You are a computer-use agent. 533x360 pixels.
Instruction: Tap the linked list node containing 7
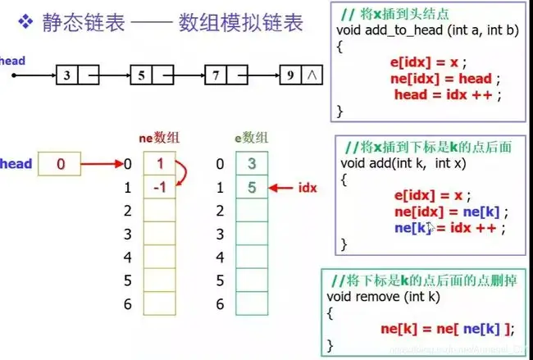coord(223,76)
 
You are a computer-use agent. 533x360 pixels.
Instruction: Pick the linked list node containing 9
coord(299,76)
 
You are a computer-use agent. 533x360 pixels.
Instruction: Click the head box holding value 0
coord(60,164)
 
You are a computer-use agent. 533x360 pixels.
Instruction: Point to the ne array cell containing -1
coord(159,187)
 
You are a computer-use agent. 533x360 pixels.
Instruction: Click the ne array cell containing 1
coord(159,164)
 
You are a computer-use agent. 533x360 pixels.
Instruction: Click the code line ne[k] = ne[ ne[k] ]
coord(447,329)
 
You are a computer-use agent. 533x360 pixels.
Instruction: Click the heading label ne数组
coord(157,139)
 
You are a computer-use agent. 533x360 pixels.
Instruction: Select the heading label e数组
coord(251,139)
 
